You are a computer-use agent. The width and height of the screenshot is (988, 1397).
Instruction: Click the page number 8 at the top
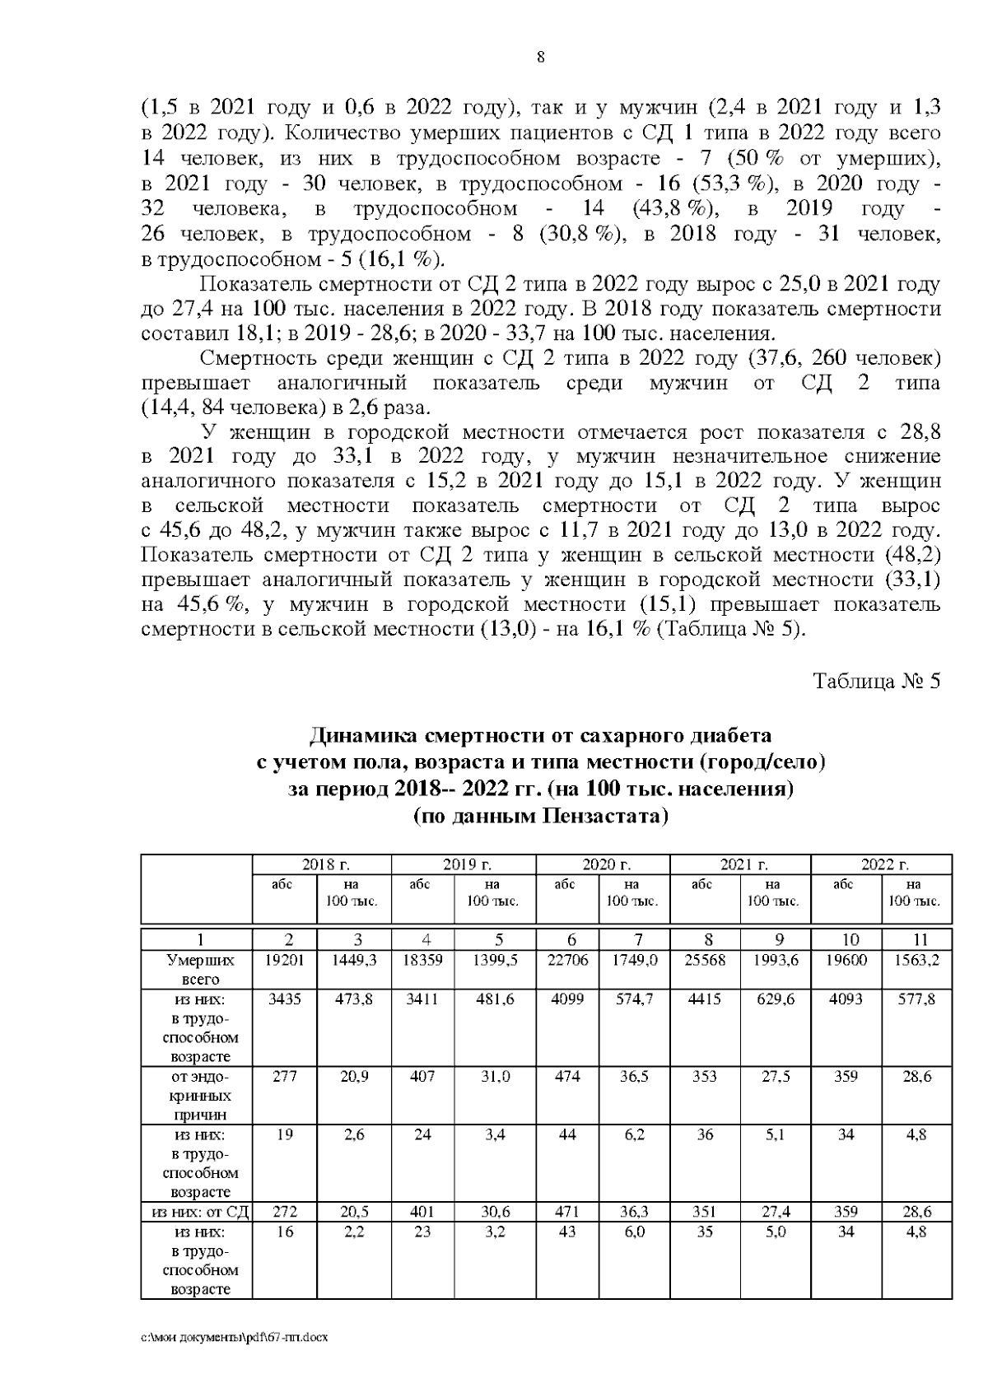540,57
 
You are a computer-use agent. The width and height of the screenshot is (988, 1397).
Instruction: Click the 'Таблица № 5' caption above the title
876,682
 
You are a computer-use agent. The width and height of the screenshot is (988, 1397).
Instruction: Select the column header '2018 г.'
321,864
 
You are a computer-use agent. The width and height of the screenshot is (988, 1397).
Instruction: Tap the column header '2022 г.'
881,864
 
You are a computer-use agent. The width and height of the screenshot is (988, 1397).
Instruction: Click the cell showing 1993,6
776,960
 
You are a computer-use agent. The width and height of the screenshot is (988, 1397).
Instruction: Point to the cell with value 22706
567,960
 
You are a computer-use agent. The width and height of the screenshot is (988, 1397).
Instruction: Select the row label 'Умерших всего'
196,970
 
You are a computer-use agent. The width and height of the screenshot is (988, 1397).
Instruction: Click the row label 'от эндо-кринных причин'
196,1096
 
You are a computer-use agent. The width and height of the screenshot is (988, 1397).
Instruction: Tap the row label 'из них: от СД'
196,1212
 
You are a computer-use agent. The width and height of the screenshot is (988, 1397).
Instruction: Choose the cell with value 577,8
916,999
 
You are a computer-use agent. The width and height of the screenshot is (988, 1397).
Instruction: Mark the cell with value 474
567,1076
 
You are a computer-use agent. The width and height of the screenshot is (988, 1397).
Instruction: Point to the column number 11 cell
916,939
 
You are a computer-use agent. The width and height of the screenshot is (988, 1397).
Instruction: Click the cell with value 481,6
494,999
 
